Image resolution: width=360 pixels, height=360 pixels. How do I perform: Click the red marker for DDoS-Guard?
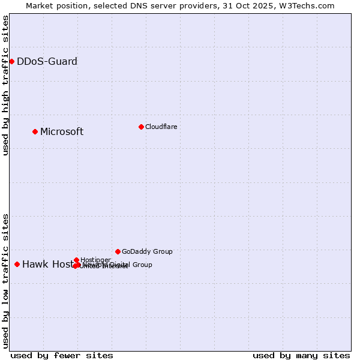pyautogui.click(x=11, y=61)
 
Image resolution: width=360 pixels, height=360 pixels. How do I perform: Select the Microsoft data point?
pyautogui.click(x=35, y=131)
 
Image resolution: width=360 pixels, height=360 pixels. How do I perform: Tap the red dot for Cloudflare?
pyautogui.click(x=141, y=127)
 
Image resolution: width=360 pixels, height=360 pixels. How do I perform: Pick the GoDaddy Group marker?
pyautogui.click(x=118, y=251)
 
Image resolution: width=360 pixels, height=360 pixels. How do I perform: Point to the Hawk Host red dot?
pyautogui.click(x=17, y=264)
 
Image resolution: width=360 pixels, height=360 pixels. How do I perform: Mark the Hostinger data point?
pyautogui.click(x=76, y=260)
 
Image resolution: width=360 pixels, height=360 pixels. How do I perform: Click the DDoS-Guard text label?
pyautogui.click(x=47, y=61)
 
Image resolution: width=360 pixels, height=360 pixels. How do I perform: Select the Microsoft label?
pyautogui.click(x=62, y=131)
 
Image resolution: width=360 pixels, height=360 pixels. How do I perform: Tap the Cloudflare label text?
pyautogui.click(x=161, y=127)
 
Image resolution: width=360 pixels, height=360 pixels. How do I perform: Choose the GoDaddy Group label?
pyautogui.click(x=147, y=251)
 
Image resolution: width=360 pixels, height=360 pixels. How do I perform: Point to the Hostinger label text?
pyautogui.click(x=95, y=260)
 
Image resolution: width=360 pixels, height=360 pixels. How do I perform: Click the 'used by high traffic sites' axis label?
pyautogui.click(x=5, y=85)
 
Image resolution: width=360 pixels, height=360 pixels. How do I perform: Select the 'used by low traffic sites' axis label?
pyautogui.click(x=5, y=280)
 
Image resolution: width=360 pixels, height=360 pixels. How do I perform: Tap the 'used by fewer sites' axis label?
pyautogui.click(x=62, y=355)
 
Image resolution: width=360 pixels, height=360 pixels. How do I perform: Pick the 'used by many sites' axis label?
pyautogui.click(x=301, y=355)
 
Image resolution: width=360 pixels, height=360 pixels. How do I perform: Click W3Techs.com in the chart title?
pyautogui.click(x=304, y=5)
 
